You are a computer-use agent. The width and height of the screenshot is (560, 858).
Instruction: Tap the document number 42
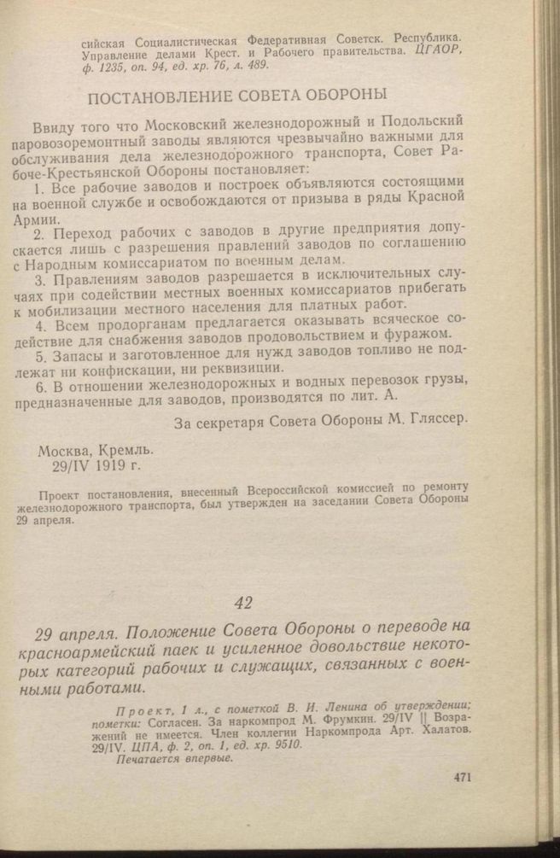(243, 603)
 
